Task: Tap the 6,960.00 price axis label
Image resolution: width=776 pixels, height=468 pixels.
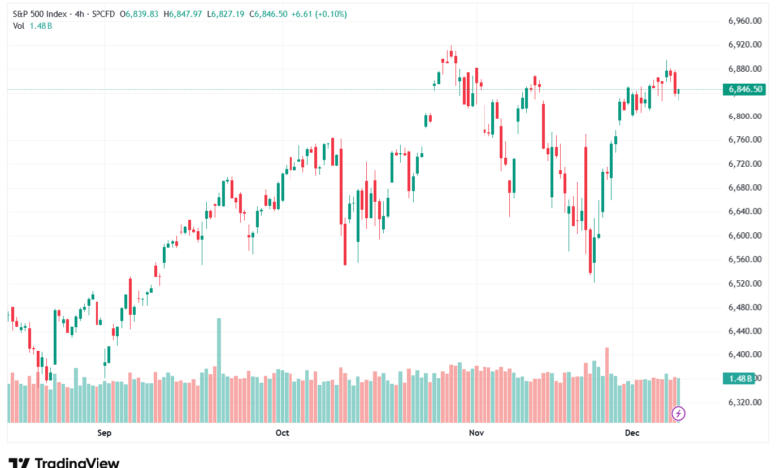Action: [x=744, y=21]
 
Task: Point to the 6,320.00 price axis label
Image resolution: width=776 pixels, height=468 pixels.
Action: [x=744, y=402]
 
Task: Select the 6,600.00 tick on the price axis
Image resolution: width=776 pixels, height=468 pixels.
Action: [x=744, y=235]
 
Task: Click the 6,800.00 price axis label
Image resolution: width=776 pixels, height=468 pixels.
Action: [x=744, y=117]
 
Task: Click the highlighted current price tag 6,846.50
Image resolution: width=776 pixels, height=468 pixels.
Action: [x=745, y=89]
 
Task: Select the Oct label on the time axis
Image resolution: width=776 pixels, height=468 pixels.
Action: [x=282, y=434]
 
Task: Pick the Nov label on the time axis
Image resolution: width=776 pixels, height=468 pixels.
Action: [x=475, y=434]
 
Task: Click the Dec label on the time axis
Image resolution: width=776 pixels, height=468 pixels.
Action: [x=631, y=434]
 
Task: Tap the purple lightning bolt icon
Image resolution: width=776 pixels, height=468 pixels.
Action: [x=679, y=412]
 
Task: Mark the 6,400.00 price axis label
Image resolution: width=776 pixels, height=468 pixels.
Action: [x=744, y=354]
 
